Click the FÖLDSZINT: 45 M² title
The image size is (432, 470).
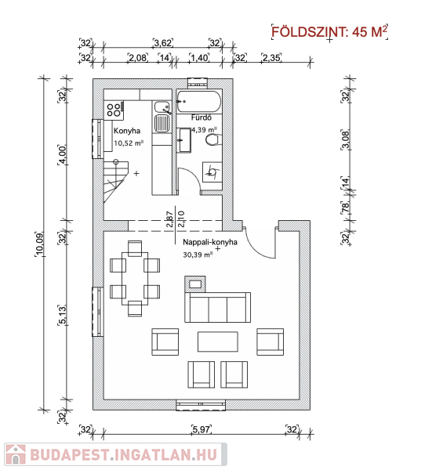329,31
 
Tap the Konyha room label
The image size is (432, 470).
127,131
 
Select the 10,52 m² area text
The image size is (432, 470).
129,143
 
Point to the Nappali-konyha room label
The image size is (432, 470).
210,242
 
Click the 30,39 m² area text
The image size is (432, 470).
198,255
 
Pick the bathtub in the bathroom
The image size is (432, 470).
198,101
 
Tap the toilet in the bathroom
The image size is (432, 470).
214,140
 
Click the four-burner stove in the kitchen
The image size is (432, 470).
114,110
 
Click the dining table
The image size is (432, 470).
135,278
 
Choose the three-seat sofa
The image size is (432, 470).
217,307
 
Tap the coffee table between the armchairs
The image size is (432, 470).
218,342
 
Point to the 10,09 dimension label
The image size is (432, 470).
40,244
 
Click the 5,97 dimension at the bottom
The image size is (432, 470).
201,429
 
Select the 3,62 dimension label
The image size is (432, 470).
163,43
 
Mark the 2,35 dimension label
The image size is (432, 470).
271,57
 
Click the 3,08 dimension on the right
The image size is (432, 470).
346,140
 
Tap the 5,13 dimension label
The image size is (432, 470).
62,315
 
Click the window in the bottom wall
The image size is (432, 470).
201,405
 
